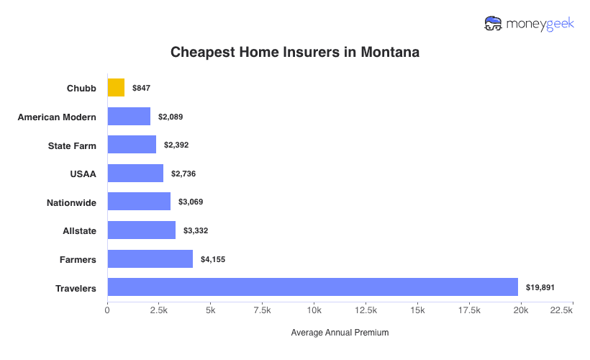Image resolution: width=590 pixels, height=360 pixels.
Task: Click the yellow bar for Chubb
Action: tap(116, 87)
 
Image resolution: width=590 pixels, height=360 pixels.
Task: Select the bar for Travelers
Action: tap(312, 287)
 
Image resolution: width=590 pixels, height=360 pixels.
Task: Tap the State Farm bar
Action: tap(132, 144)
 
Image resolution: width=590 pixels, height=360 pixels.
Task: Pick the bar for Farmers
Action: tap(150, 258)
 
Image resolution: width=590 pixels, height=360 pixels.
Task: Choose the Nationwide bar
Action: tap(139, 202)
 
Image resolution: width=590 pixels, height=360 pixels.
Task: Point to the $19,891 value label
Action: tap(540, 287)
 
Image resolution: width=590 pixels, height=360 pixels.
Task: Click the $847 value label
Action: tap(141, 88)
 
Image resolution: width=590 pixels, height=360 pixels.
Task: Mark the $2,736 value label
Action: tap(183, 174)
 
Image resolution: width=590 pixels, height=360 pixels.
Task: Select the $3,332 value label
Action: tap(196, 230)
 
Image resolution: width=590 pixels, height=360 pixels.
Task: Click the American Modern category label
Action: tap(57, 117)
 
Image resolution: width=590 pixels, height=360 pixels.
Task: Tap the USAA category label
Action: tap(84, 174)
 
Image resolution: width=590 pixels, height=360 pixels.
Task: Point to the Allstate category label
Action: tap(79, 230)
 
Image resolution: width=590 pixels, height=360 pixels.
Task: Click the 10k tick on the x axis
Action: tap(314, 310)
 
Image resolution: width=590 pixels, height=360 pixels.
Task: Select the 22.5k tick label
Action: tap(560, 310)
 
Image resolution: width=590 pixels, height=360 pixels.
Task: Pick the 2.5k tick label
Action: tap(158, 310)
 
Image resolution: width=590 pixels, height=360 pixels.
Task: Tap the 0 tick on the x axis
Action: tap(107, 310)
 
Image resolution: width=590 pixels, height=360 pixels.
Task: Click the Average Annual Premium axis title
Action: tap(340, 333)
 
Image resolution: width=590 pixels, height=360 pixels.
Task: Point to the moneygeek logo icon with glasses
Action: tap(494, 24)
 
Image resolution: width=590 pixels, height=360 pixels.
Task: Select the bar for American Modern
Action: tap(129, 116)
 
